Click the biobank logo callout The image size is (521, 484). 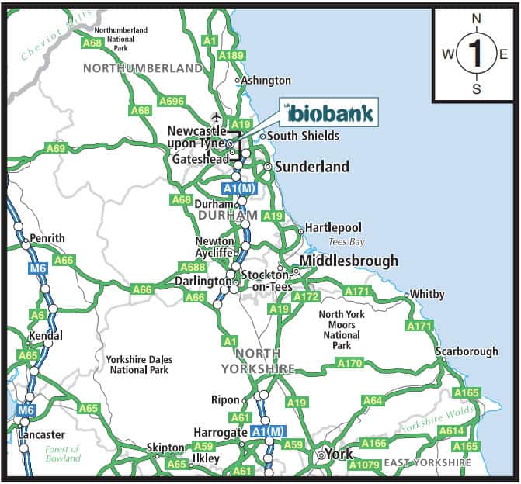click(330, 113)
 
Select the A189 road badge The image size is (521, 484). click(231, 56)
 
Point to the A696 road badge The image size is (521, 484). click(172, 101)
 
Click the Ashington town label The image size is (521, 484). click(265, 81)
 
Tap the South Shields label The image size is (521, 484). click(303, 136)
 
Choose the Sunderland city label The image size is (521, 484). click(311, 167)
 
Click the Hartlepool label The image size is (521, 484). click(333, 228)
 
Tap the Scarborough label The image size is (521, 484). click(467, 351)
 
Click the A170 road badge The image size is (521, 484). click(349, 363)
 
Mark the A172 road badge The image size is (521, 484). click(306, 296)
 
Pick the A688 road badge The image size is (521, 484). click(192, 268)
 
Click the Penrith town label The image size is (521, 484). click(47, 238)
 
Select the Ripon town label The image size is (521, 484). click(225, 400)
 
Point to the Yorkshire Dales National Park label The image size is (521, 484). click(139, 365)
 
